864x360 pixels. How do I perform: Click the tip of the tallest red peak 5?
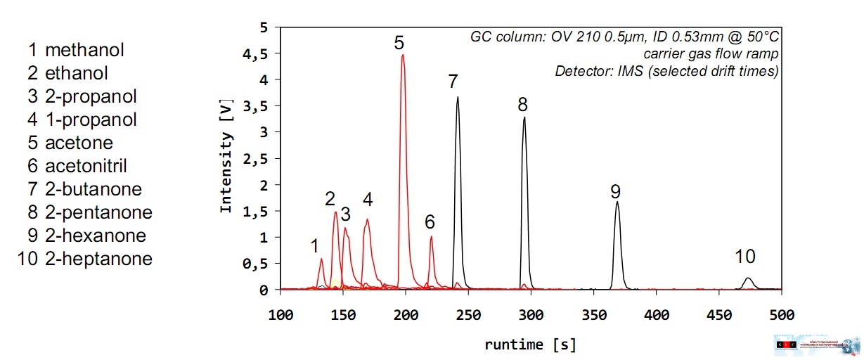[x=402, y=55]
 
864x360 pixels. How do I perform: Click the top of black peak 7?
[x=458, y=98]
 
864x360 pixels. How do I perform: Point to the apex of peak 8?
[x=524, y=117]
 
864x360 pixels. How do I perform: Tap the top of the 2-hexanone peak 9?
[x=617, y=202]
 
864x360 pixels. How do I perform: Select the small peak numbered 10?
[x=748, y=279]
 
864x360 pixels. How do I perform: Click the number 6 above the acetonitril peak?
[x=430, y=222]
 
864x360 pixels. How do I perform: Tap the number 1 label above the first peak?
[x=315, y=245]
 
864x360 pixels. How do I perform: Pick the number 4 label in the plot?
[x=367, y=200]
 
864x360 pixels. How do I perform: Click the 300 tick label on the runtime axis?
[x=531, y=314]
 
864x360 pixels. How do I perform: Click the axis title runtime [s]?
[x=531, y=345]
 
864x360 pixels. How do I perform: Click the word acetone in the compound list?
[x=79, y=143]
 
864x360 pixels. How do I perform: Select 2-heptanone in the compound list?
[x=98, y=259]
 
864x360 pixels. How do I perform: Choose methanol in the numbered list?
[x=84, y=50]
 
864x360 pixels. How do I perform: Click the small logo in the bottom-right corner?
[x=816, y=345]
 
